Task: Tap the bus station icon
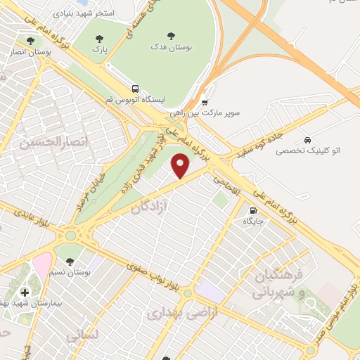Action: click(x=134, y=89)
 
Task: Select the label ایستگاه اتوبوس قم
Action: click(x=134, y=100)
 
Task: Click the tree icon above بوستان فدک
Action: click(x=169, y=35)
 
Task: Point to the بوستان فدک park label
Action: click(x=169, y=46)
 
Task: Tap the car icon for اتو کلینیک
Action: click(x=307, y=139)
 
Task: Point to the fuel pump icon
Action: click(x=252, y=210)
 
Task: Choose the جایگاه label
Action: click(x=252, y=221)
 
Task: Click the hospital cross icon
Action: click(x=25, y=292)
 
